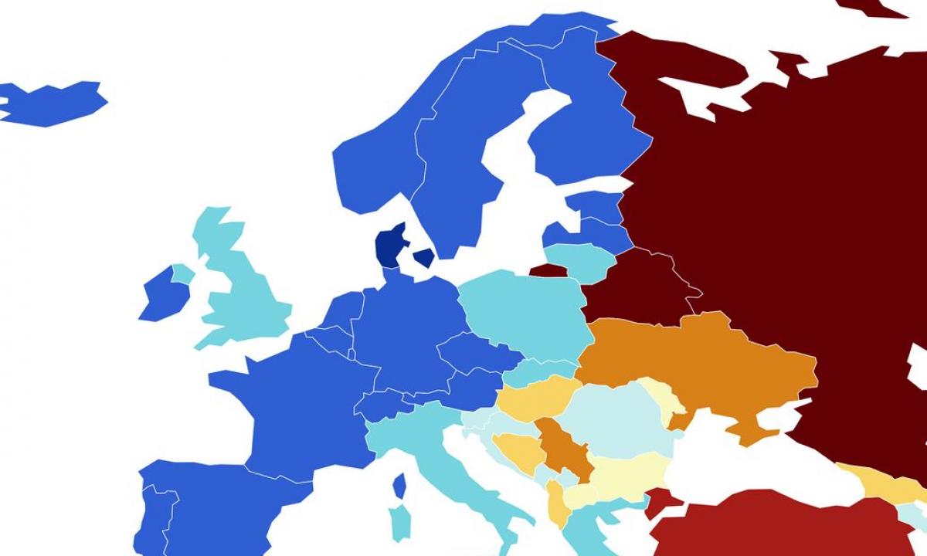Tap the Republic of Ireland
164,295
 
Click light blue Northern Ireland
183,273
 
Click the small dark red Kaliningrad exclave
548,270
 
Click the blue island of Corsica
399,486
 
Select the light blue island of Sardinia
399,524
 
